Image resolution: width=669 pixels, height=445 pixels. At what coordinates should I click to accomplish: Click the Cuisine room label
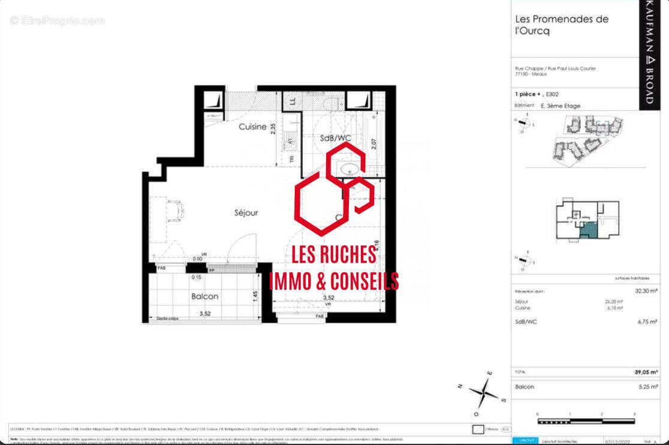(252, 127)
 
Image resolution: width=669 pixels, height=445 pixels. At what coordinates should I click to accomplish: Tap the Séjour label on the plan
(246, 212)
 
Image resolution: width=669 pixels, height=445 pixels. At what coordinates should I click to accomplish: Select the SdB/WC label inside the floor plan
(335, 138)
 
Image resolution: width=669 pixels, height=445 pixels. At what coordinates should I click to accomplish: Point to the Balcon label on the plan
(204, 296)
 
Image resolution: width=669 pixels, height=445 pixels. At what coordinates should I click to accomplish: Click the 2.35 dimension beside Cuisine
(273, 130)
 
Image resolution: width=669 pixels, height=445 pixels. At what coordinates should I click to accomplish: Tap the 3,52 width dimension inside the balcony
(204, 313)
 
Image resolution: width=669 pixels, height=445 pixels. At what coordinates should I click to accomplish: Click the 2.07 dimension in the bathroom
(374, 145)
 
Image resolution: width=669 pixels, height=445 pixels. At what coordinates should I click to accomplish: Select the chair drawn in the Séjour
(174, 211)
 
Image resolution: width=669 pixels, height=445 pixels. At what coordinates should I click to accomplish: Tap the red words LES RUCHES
(334, 255)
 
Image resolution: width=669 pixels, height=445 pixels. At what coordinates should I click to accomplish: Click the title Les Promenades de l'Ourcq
(562, 25)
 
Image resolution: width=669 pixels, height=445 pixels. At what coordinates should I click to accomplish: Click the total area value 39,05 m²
(646, 372)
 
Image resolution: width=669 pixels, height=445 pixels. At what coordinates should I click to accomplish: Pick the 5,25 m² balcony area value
(648, 387)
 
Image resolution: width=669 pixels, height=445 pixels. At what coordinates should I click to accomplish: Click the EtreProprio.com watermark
(58, 20)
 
